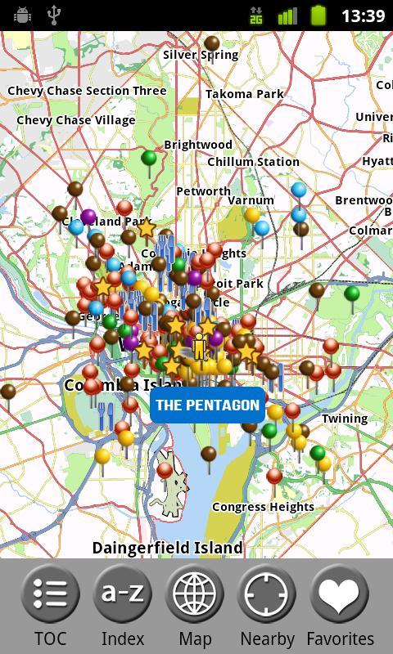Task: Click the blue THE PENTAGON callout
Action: click(207, 405)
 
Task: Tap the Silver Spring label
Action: click(201, 55)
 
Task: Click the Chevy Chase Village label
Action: click(76, 120)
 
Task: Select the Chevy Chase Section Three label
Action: click(87, 91)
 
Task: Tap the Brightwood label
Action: click(198, 145)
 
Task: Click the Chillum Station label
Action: click(253, 162)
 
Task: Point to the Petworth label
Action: click(204, 191)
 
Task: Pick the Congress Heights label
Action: click(263, 507)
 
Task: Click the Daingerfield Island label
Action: click(168, 547)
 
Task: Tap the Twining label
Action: click(345, 419)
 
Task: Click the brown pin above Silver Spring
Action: click(212, 43)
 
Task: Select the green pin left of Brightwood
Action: click(149, 158)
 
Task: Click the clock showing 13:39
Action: click(363, 16)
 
